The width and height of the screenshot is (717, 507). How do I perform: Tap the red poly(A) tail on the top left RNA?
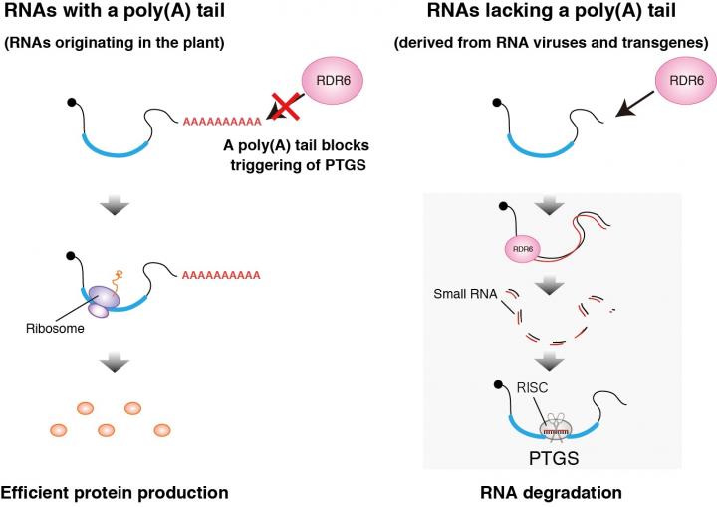pyautogui.click(x=221, y=122)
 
